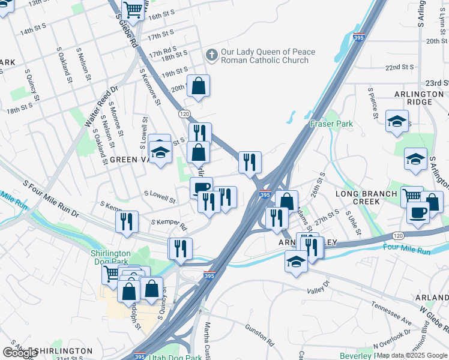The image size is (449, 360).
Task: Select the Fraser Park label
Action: (x=331, y=124)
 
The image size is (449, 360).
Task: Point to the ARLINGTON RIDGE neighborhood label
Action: (x=419, y=98)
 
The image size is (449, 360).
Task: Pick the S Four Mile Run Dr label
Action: (x=51, y=197)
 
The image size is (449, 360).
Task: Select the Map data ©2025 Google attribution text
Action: (x=412, y=355)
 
